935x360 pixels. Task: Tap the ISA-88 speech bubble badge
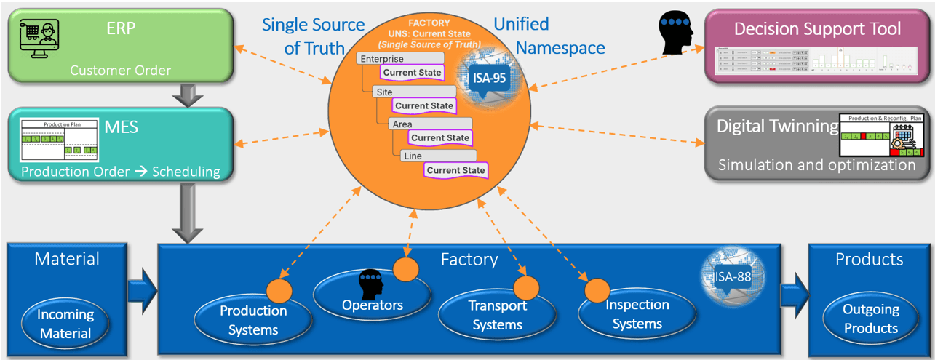731,276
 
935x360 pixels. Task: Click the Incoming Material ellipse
66,324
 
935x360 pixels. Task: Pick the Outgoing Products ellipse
871,319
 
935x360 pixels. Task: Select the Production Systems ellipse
253,320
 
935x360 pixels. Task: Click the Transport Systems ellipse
498,314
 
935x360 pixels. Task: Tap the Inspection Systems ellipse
637,313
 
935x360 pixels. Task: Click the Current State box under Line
455,170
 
